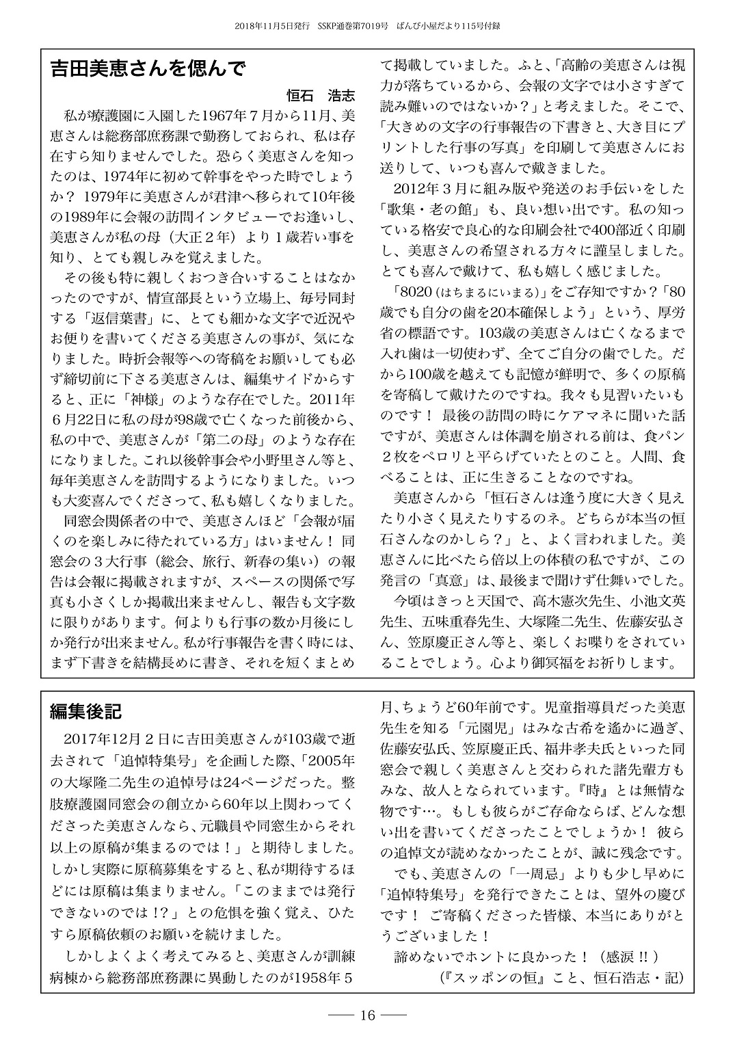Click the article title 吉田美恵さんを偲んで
[x=147, y=70]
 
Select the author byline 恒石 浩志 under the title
[x=321, y=95]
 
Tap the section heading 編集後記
[x=85, y=712]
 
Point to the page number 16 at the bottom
[x=367, y=1015]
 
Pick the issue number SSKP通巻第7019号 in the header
[x=353, y=26]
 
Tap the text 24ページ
[x=243, y=780]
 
